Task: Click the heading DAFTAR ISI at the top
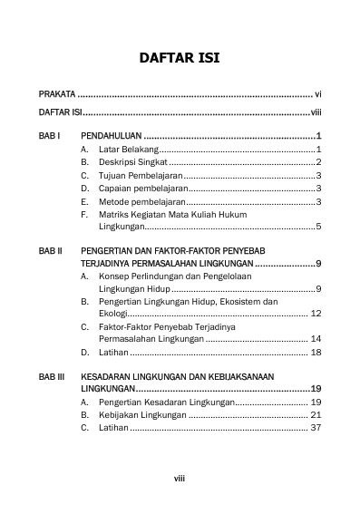180,59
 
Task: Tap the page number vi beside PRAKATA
318,94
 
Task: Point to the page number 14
316,338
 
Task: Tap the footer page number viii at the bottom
180,474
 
